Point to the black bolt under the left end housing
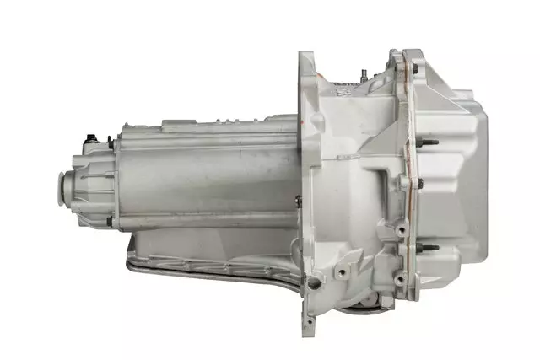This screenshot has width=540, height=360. [109, 222]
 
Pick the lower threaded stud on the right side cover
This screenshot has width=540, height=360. [429, 248]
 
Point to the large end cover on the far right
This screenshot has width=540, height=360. [460, 169]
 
